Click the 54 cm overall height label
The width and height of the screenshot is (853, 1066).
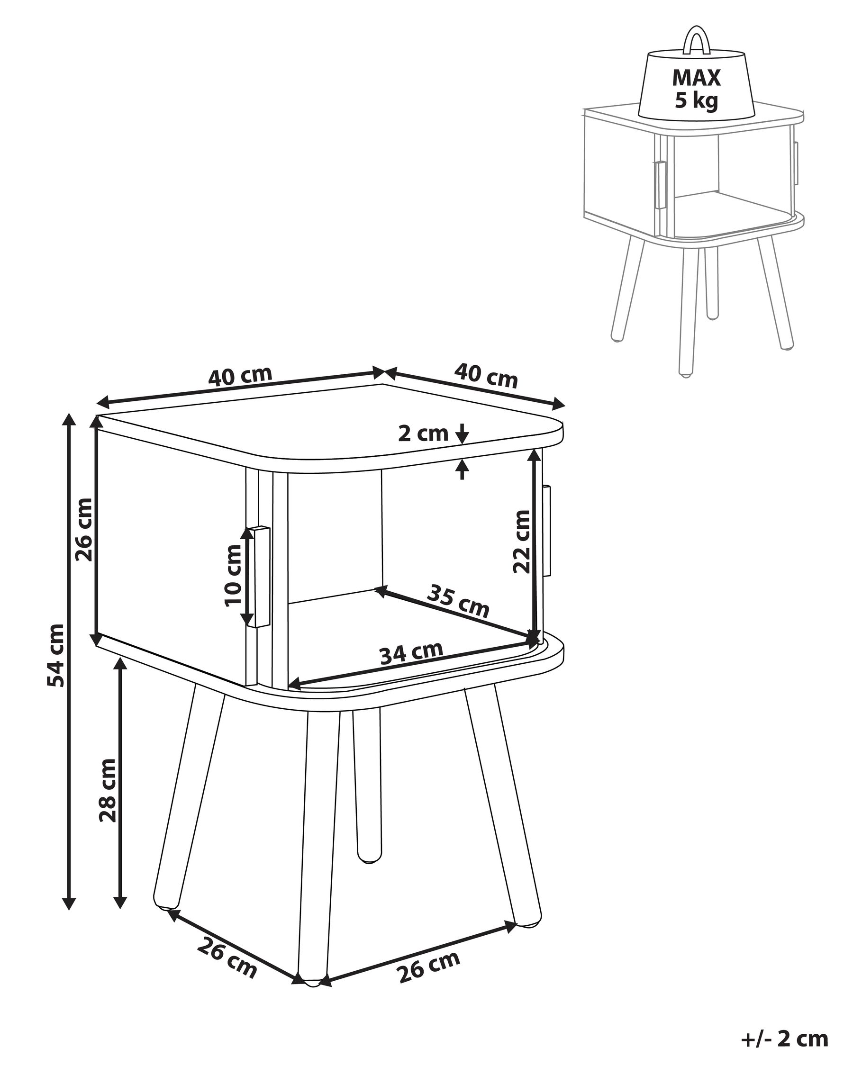point(55,656)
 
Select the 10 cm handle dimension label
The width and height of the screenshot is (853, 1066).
point(232,575)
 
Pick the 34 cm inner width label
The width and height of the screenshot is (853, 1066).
point(411,653)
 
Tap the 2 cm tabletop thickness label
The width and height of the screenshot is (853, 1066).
point(423,434)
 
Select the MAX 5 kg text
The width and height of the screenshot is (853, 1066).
point(696,89)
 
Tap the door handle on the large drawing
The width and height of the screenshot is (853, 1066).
point(259,577)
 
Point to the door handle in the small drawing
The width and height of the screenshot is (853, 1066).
point(660,184)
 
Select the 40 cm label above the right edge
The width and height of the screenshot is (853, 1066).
point(486,377)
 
